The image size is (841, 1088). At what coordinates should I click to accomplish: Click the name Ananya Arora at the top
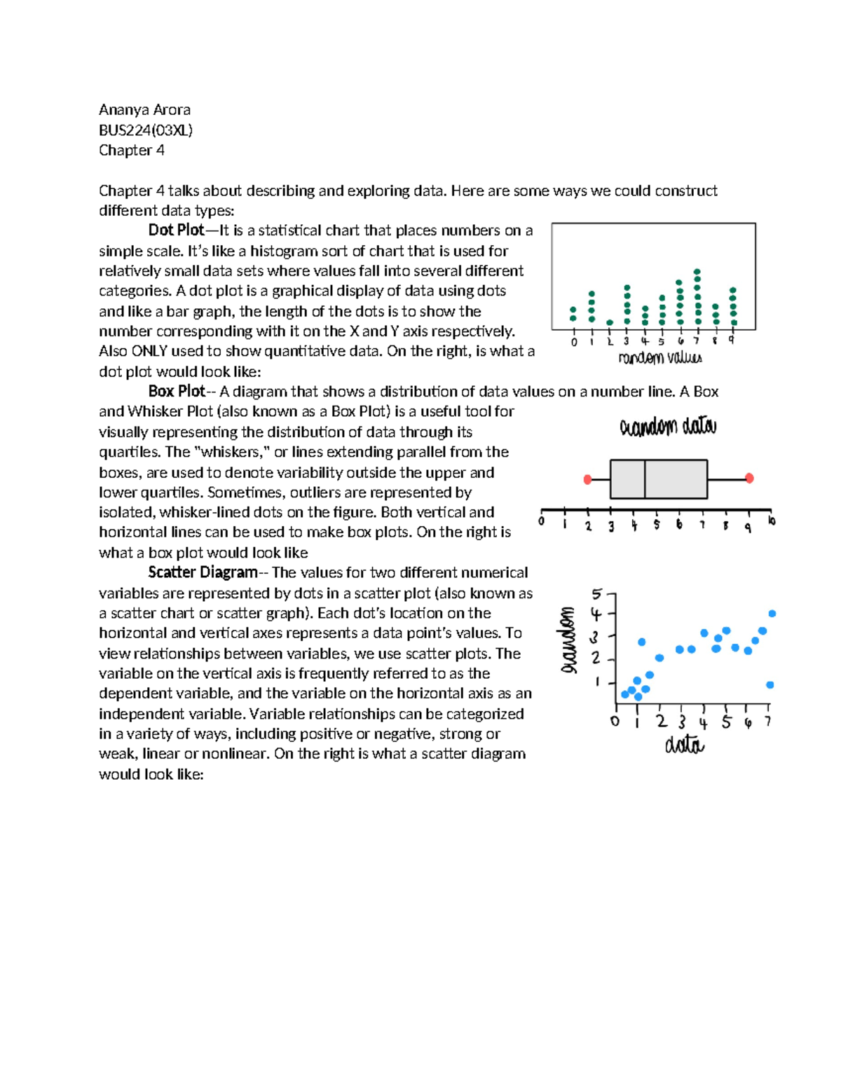(x=144, y=110)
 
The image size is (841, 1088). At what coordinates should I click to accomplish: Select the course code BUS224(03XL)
(x=145, y=130)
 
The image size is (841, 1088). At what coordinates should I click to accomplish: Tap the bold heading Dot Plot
(x=176, y=230)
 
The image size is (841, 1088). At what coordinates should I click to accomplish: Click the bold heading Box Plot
(x=177, y=392)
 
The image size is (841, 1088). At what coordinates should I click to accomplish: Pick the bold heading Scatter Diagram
(x=203, y=572)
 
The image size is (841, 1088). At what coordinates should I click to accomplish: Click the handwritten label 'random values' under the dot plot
(x=659, y=358)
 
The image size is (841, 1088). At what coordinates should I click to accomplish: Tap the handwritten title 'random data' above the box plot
(x=668, y=427)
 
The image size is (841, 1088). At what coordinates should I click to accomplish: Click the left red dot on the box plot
(x=588, y=479)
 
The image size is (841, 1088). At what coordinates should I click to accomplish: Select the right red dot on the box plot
(x=749, y=478)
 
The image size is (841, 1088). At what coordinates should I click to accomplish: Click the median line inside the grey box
(x=645, y=479)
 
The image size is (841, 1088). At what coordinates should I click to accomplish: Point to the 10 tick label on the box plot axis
(x=771, y=521)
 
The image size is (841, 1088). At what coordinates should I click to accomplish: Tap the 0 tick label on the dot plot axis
(x=574, y=342)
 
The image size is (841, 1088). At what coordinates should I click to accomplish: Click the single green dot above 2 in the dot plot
(x=610, y=323)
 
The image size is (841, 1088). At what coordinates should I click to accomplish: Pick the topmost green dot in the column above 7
(x=697, y=271)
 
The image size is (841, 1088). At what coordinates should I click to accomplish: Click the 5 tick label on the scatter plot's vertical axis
(x=596, y=595)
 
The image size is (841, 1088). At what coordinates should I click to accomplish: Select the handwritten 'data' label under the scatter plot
(x=684, y=745)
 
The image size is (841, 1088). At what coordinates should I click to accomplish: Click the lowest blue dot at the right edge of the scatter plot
(x=770, y=685)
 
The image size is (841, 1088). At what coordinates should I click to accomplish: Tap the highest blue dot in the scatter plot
(x=772, y=614)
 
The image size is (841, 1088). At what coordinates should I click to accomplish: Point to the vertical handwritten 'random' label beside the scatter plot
(x=568, y=640)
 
